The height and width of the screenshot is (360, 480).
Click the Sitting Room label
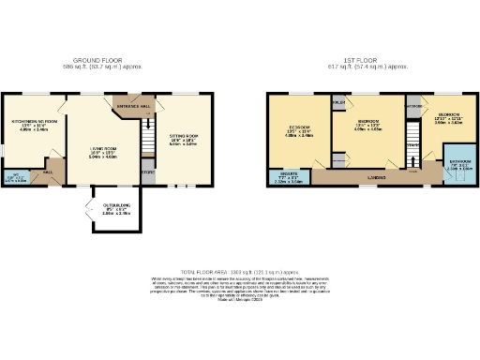point(183,138)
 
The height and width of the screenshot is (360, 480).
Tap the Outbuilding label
point(110,207)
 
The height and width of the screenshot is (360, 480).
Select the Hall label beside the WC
point(48,172)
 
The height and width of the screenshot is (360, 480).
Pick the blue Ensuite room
point(290,175)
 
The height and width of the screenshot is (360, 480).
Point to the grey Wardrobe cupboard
point(412,106)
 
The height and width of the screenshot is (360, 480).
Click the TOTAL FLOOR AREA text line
point(239,270)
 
